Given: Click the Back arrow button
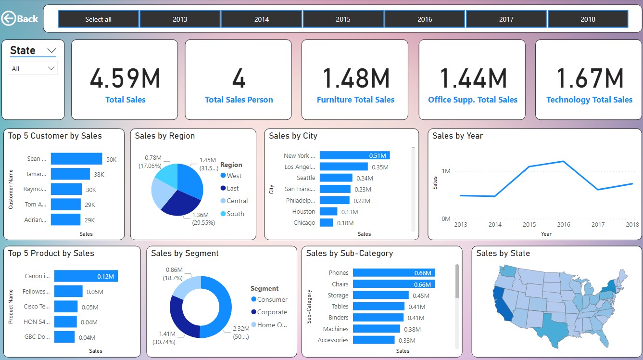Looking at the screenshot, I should [20, 19].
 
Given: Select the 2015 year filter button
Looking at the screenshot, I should [343, 19].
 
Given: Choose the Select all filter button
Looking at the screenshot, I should [99, 19].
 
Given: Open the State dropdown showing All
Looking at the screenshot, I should [33, 69].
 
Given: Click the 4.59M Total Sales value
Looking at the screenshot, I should [125, 78].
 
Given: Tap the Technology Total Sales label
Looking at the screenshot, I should [589, 100].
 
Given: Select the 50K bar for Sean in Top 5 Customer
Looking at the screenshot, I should [76, 159].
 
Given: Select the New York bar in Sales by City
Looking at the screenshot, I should [354, 155].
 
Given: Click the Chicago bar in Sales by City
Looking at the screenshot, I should [326, 223].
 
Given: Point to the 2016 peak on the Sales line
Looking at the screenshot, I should [563, 161].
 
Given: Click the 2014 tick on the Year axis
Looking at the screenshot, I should [495, 225].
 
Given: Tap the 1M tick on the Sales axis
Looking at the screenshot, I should [445, 171].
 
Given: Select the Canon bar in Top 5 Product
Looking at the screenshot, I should [86, 276].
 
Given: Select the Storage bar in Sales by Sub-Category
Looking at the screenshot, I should [380, 296].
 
